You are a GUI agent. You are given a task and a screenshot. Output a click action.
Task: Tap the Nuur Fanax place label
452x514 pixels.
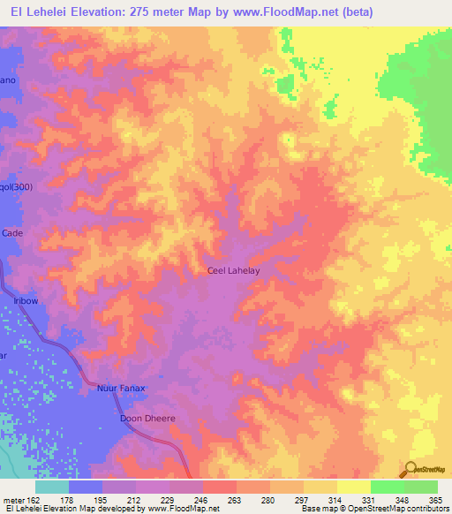click(x=120, y=389)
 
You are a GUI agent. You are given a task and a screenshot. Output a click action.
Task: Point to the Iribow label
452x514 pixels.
click(x=25, y=301)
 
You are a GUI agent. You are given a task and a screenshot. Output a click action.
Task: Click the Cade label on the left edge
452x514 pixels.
click(x=12, y=232)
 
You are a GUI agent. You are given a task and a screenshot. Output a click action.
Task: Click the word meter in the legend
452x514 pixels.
click(x=14, y=499)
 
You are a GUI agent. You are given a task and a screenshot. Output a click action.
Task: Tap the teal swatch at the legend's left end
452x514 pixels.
click(x=52, y=487)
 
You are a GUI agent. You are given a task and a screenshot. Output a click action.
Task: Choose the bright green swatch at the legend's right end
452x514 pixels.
click(x=421, y=487)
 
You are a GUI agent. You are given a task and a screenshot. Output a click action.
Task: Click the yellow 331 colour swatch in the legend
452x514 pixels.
click(x=354, y=487)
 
